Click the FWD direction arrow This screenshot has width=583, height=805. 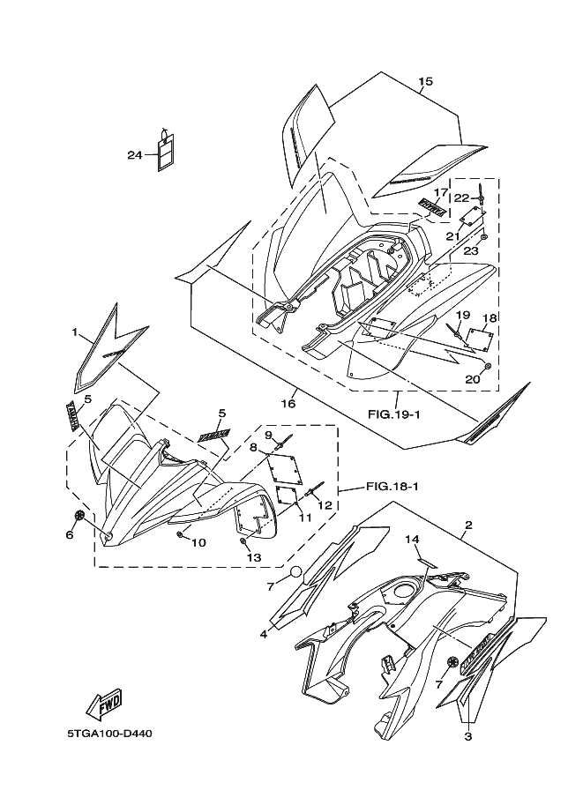pos(104,703)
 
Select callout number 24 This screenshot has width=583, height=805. pos(134,155)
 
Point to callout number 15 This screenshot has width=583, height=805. pos(425,82)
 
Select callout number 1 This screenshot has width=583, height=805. pos(76,333)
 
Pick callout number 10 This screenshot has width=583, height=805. pos(198,542)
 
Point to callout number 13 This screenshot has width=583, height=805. pos(254,557)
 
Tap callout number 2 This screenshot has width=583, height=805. pos(467,525)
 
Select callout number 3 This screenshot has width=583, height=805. pos(468,736)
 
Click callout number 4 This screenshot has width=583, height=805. pos(264,634)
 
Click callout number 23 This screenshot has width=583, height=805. pos(471,251)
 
